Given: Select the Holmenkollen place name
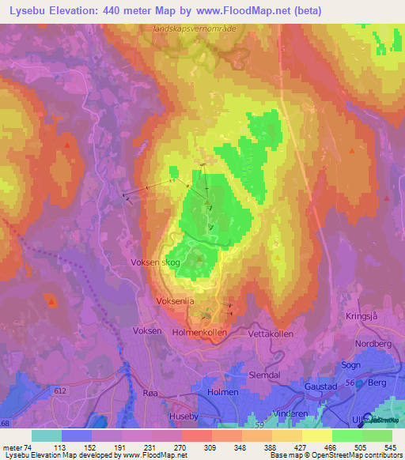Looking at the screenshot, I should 199,333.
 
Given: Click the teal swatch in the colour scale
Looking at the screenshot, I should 47,435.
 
